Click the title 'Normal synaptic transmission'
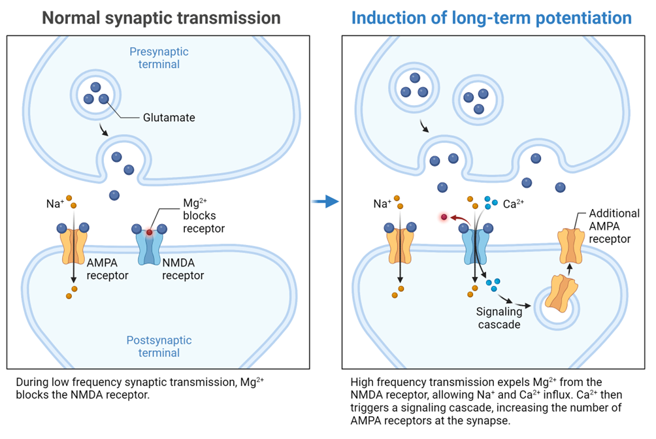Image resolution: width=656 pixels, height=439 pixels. [x=161, y=17]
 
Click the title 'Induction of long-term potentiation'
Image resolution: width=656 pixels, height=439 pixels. [x=491, y=17]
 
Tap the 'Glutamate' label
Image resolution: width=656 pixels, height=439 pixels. [x=169, y=118]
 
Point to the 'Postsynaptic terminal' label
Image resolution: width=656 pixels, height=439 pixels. [x=160, y=346]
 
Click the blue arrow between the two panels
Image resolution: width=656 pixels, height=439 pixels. [x=325, y=202]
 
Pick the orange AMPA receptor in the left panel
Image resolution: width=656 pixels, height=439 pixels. [x=74, y=246]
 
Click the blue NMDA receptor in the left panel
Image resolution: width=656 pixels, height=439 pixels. [x=149, y=247]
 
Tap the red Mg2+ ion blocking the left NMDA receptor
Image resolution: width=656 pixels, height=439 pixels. [x=149, y=231]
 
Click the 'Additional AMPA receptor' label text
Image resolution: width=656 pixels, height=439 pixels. [x=614, y=226]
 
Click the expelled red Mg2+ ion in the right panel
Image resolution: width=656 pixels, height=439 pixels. [x=444, y=217]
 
